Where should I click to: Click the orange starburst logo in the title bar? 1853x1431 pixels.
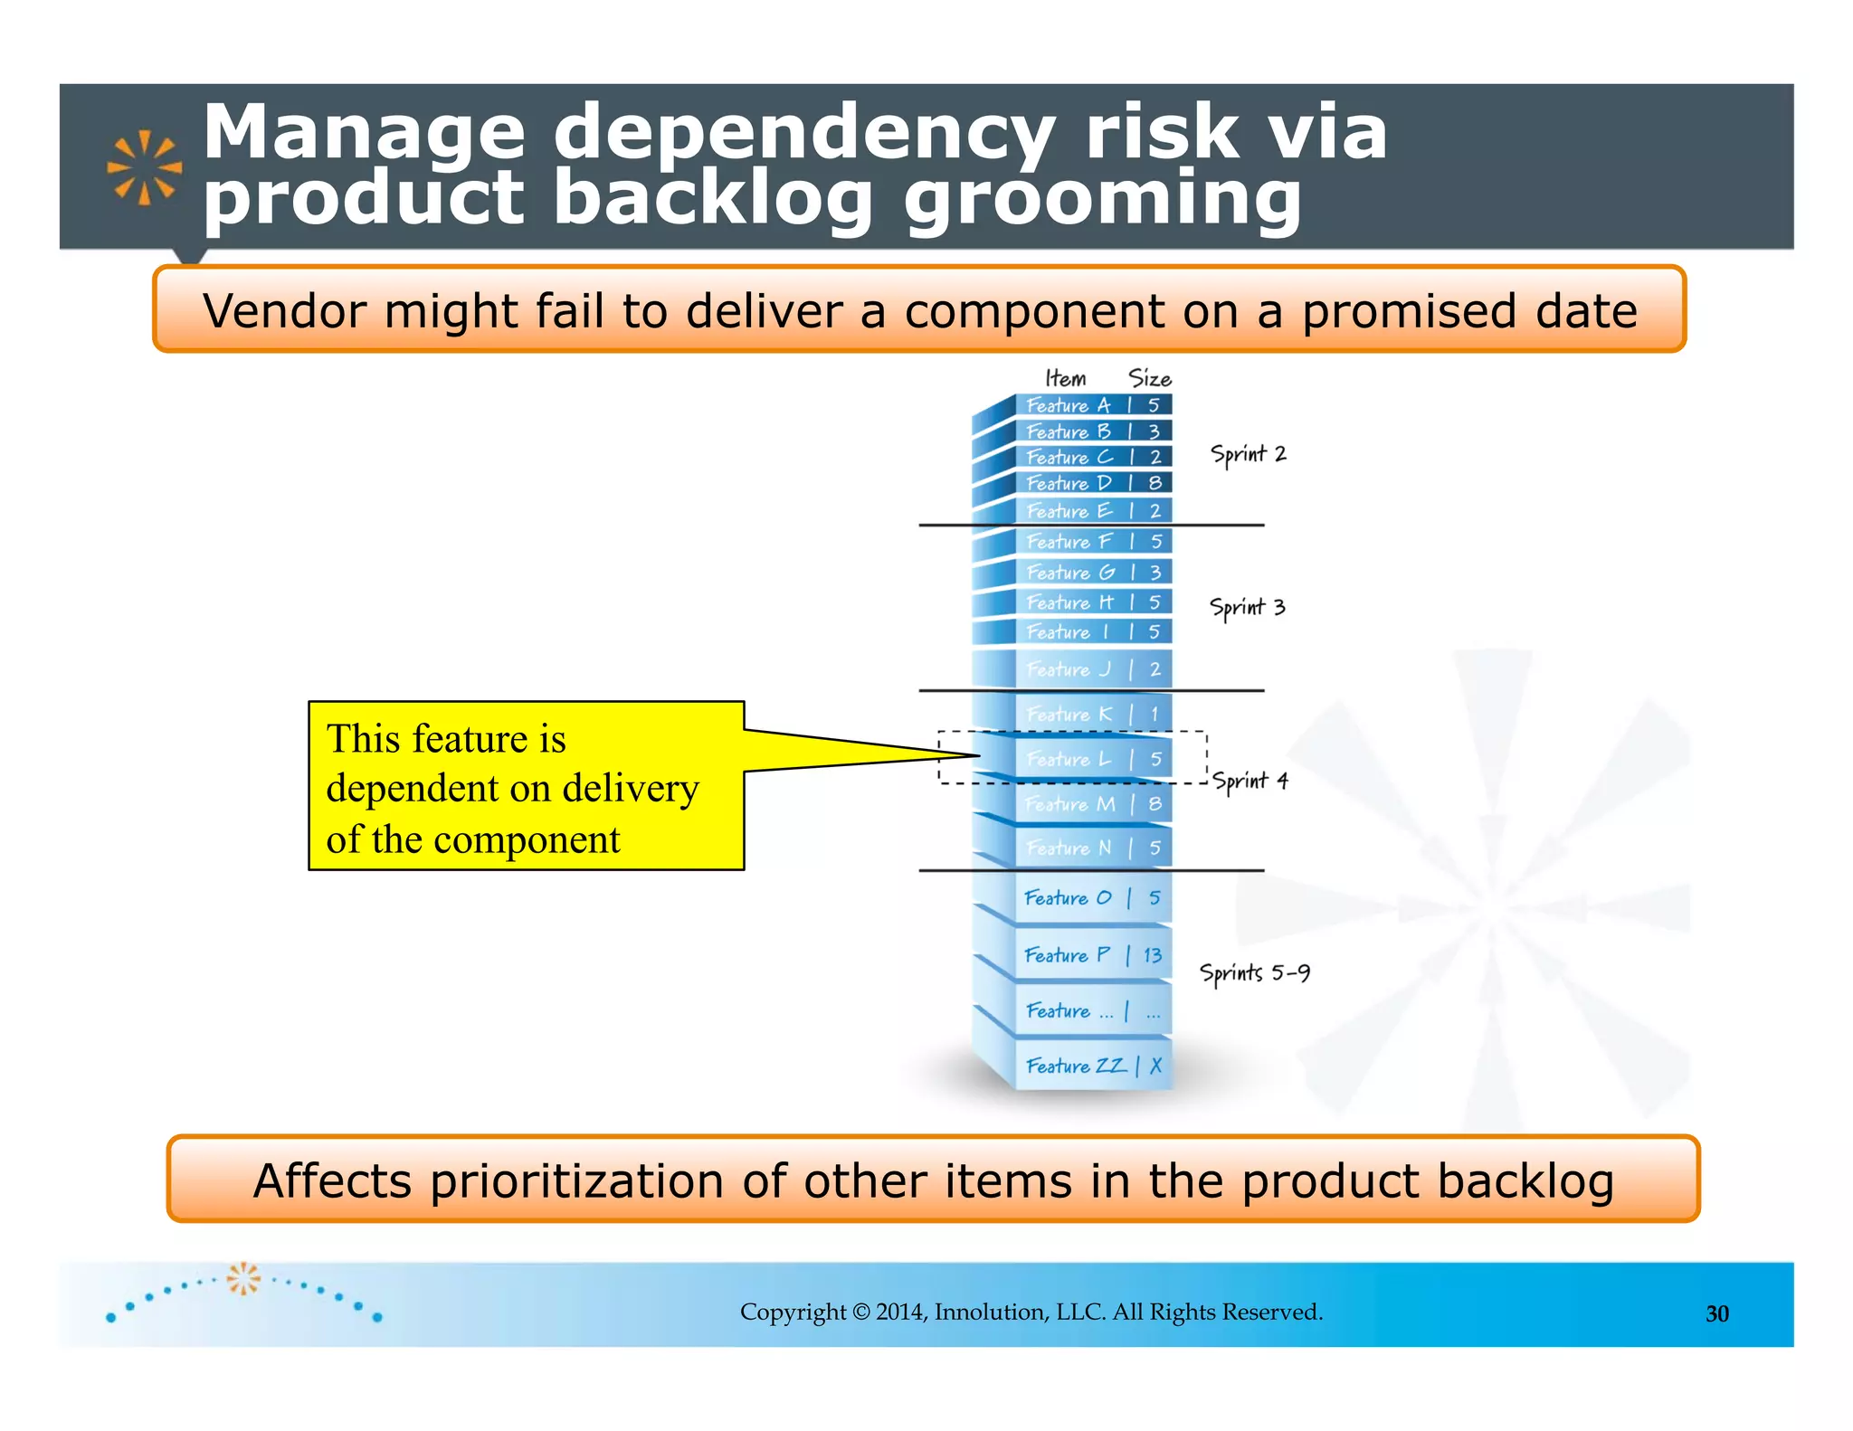point(144,167)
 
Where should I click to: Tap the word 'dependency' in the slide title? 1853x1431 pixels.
point(803,133)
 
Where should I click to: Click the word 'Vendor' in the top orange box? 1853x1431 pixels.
point(285,311)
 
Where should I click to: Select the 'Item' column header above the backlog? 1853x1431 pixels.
point(1065,378)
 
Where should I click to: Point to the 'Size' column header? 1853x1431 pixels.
point(1149,378)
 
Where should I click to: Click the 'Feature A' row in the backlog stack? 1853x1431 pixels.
point(1068,405)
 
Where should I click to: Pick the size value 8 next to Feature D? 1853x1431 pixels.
point(1155,483)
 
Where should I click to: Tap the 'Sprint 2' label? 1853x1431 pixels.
point(1248,454)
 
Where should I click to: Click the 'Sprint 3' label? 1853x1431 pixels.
point(1247,607)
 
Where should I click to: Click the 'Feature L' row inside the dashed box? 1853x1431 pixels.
point(1069,759)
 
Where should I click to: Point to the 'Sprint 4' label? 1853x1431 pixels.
point(1250,781)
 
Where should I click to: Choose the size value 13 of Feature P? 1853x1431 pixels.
point(1152,955)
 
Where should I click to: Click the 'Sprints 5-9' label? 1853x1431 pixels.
point(1254,973)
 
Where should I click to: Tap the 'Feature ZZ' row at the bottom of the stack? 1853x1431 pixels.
point(1076,1066)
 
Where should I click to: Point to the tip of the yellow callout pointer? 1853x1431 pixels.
point(978,755)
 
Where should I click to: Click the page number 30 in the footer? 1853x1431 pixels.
point(1716,1313)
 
